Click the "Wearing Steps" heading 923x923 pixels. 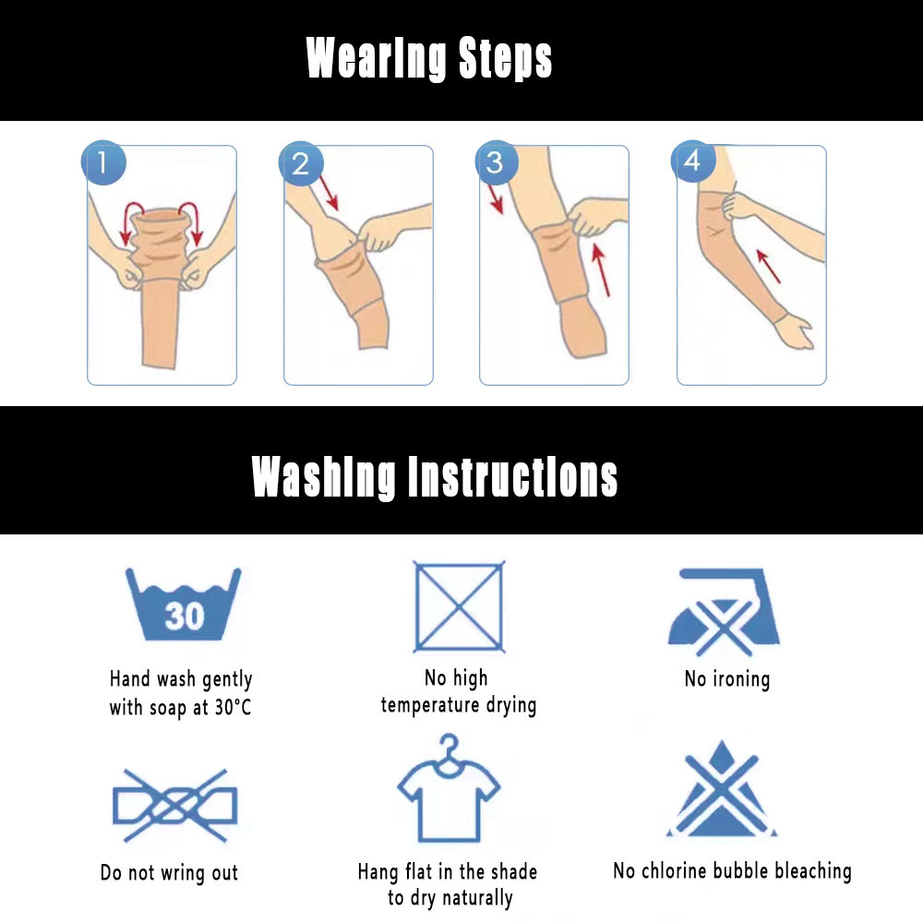click(429, 57)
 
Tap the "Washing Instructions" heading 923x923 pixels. click(435, 477)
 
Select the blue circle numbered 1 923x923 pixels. click(103, 162)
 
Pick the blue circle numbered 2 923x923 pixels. click(301, 163)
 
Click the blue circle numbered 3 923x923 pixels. click(497, 162)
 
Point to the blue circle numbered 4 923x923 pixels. click(693, 161)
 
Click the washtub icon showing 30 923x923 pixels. click(184, 604)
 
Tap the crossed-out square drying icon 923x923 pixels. click(459, 607)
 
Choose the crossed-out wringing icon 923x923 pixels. click(174, 805)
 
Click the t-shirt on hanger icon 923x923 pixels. click(449, 789)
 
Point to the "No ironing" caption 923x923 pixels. click(727, 679)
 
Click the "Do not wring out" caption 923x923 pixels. click(170, 872)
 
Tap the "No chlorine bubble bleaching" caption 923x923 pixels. click(732, 870)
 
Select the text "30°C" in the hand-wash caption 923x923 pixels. click(234, 707)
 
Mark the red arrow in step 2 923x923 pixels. click(329, 193)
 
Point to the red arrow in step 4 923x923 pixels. click(768, 266)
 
